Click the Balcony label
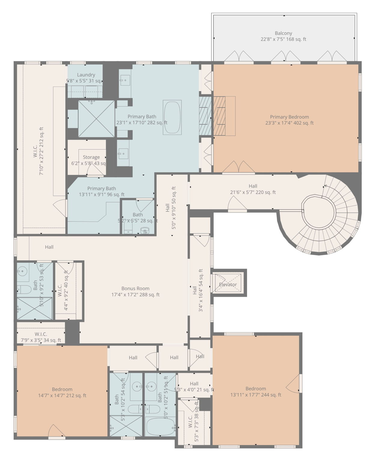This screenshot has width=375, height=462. [x=283, y=33]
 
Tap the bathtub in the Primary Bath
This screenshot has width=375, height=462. [x=172, y=117]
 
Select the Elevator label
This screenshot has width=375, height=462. [x=228, y=285]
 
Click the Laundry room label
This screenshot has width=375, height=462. [x=86, y=75]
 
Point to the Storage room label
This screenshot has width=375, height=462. [x=91, y=157]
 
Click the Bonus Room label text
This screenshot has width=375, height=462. [x=135, y=288]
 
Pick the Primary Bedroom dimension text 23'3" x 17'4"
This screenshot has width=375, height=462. [x=289, y=123]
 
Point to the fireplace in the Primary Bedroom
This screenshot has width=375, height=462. [x=224, y=116]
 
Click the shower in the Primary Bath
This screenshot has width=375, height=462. [x=96, y=119]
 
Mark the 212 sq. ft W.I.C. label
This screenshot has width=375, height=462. [x=38, y=151]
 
